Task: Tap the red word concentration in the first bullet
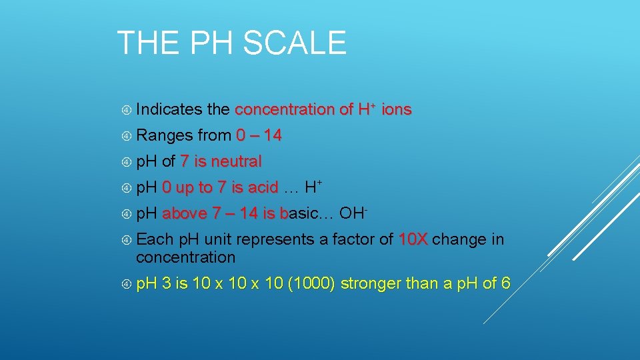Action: pos(285,109)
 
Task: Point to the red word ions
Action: pos(397,109)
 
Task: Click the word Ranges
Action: pos(165,136)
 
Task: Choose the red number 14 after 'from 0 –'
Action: pos(272,136)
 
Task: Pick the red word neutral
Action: pos(237,162)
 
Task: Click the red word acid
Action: pos(261,188)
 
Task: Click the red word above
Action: pos(185,214)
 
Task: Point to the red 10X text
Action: pos(413,239)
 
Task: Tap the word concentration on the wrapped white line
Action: pos(185,257)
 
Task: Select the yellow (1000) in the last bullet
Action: pos(311,284)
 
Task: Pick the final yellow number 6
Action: pos(506,284)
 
